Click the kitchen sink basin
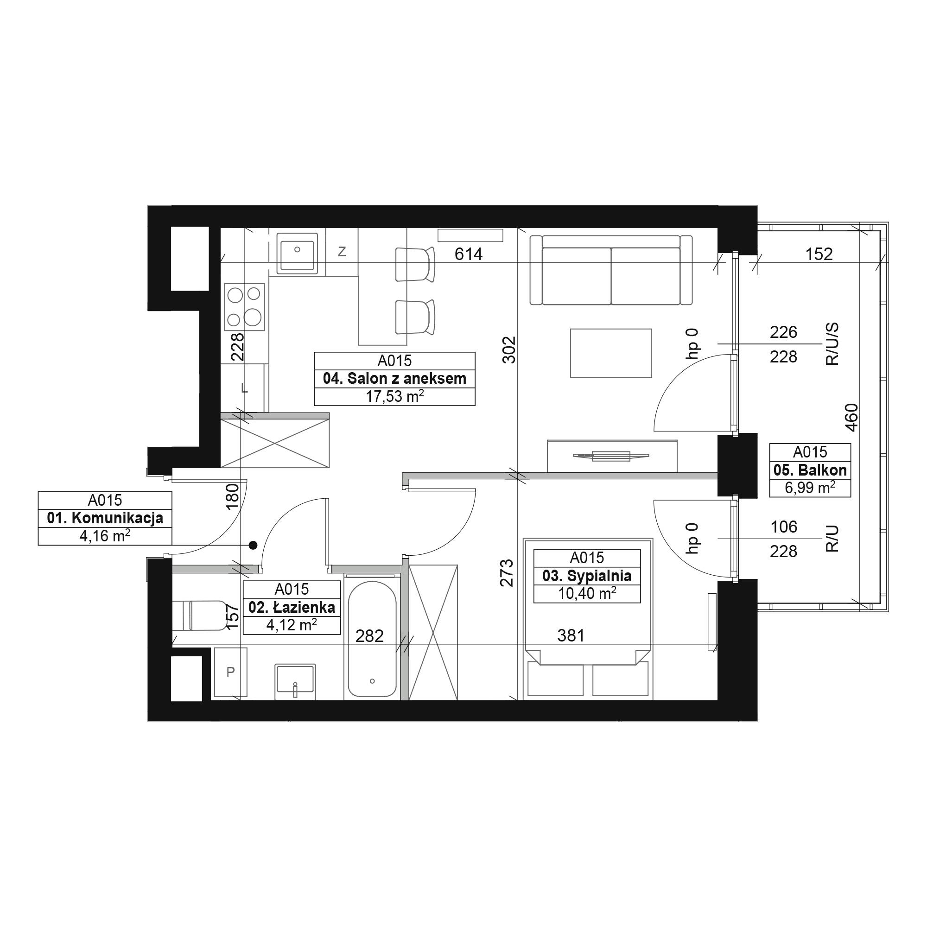tap(297, 254)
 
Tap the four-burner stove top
tap(245, 306)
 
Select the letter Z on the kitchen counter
tap(342, 251)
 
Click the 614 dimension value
tap(468, 254)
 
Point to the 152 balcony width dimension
tap(819, 254)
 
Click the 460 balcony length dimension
tap(851, 418)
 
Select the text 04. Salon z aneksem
tap(394, 379)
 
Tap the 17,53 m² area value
tap(394, 396)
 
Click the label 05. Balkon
tap(810, 470)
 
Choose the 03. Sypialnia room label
tap(587, 576)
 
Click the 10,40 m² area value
tap(587, 594)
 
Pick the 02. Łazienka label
tap(292, 608)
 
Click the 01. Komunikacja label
tap(105, 518)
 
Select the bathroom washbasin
tap(295, 682)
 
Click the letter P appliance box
tap(230, 672)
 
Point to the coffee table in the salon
tap(611, 353)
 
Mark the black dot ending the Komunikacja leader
tap(253, 545)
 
